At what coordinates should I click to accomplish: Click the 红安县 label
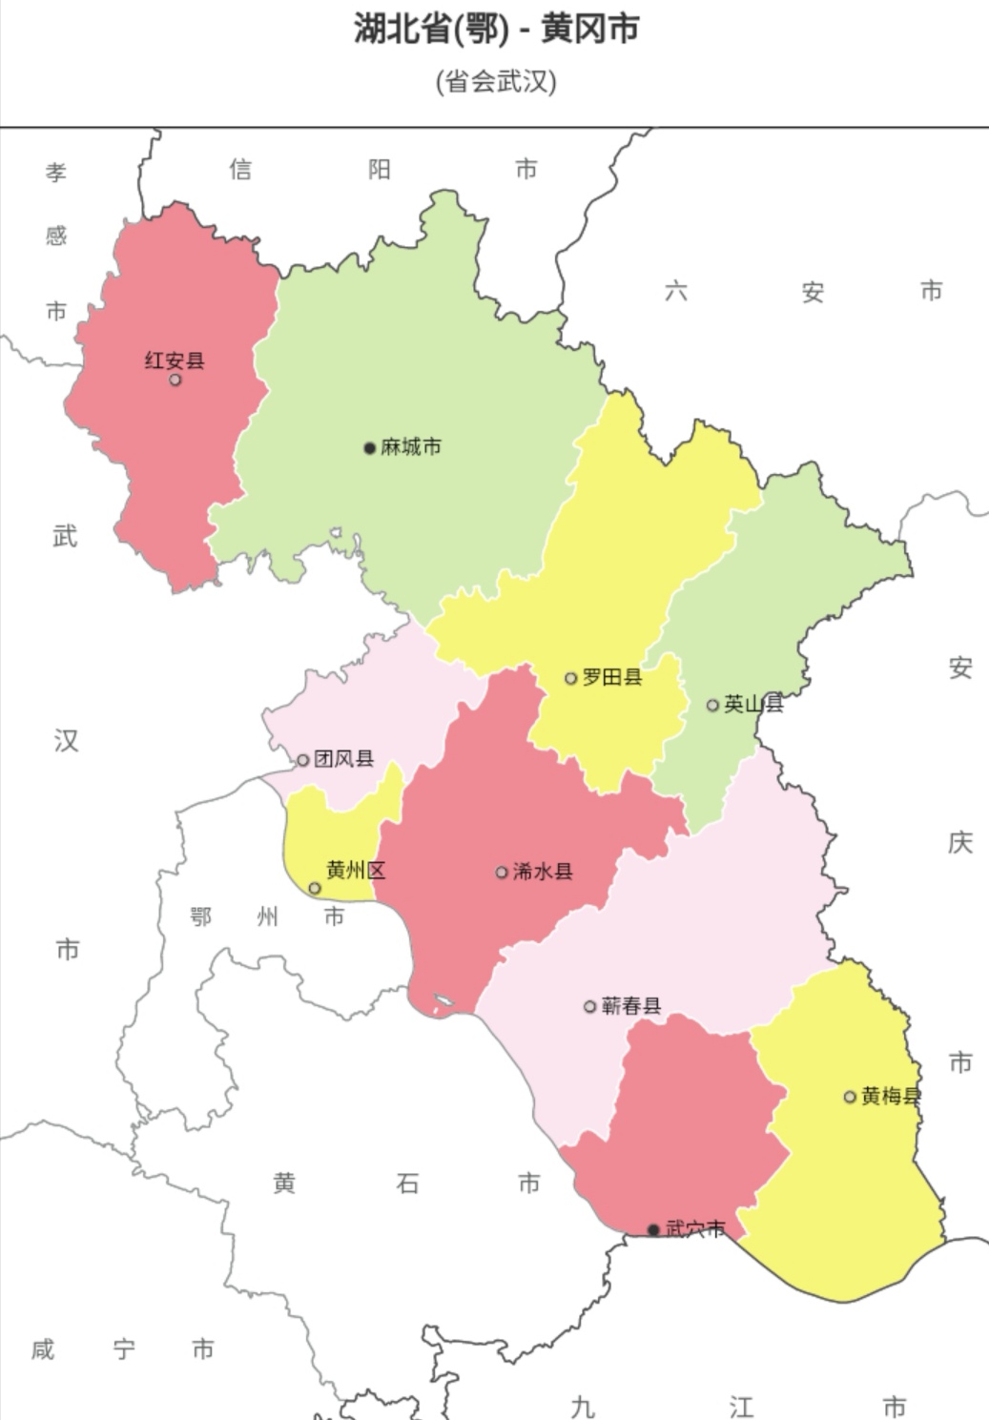[x=175, y=360]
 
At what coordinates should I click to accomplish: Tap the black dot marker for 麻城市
[x=370, y=448]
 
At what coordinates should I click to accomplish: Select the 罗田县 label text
[x=612, y=677]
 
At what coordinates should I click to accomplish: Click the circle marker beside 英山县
[x=712, y=705]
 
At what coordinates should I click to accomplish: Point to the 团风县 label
[x=343, y=759]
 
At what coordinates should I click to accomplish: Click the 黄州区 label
[x=356, y=870]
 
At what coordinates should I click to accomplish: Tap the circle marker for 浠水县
[x=502, y=872]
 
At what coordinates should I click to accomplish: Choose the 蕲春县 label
[x=631, y=1005]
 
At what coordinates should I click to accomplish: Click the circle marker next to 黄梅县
[x=850, y=1097]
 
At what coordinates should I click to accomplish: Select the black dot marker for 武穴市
[x=653, y=1229]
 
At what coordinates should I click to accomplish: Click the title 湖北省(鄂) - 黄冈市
[x=496, y=29]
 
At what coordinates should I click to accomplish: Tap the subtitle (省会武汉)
[x=496, y=81]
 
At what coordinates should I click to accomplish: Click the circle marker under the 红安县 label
[x=175, y=380]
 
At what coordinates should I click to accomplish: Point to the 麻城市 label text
[x=411, y=447]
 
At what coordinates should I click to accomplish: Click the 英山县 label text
[x=753, y=704]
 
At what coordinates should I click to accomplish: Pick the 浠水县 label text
[x=543, y=871]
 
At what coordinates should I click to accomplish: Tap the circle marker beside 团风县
[x=303, y=760]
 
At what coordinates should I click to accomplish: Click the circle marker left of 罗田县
[x=571, y=678]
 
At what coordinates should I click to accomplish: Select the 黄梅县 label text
[x=891, y=1096]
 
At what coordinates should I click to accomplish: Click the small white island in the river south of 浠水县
[x=443, y=1003]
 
